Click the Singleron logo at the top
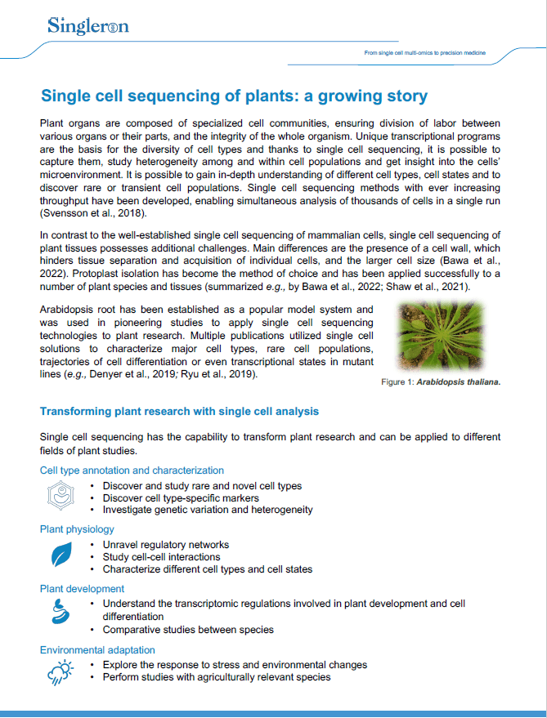click(87, 26)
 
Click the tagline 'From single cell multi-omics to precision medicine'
click(424, 52)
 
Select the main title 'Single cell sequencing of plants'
click(234, 96)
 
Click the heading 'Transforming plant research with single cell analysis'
click(179, 411)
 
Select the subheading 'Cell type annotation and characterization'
click(132, 470)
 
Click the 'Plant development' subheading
click(82, 588)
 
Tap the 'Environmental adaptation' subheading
click(97, 649)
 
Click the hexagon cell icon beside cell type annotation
click(58, 494)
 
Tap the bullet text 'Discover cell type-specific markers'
click(181, 498)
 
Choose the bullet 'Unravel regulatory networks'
click(165, 545)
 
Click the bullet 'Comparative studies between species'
click(188, 630)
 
